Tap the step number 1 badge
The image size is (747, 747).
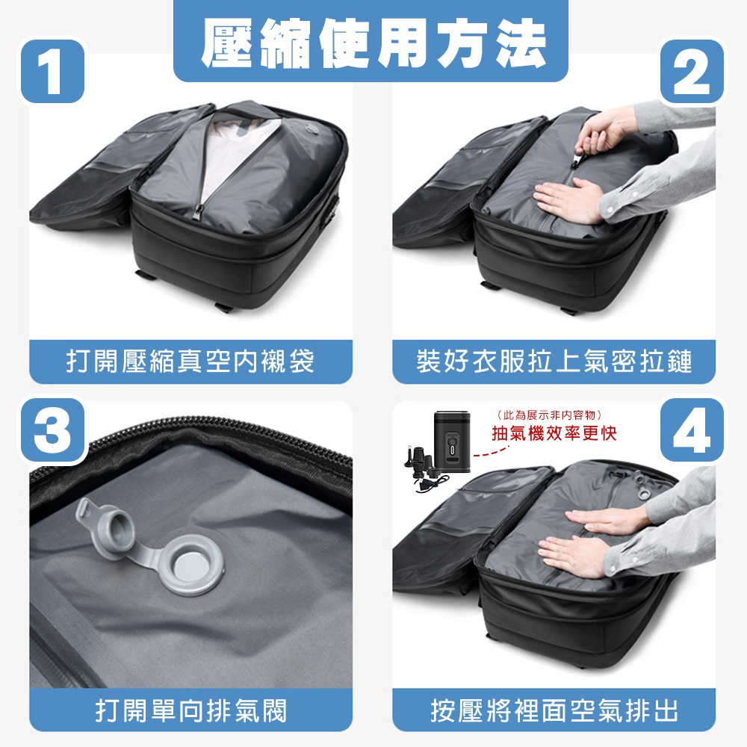point(52,71)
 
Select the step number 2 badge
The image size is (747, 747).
point(692,71)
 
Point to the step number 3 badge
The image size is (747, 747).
point(52,430)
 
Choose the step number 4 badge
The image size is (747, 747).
point(692,430)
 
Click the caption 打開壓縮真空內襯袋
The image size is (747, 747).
point(190,361)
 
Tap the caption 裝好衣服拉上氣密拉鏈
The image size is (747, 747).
point(554,361)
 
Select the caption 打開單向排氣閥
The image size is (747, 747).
point(191,711)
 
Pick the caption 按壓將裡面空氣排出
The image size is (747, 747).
point(554,711)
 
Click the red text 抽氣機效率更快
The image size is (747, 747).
point(554,433)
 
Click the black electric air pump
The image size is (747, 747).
point(452,441)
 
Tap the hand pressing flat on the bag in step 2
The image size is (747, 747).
point(568,200)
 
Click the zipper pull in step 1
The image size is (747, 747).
point(198,211)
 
